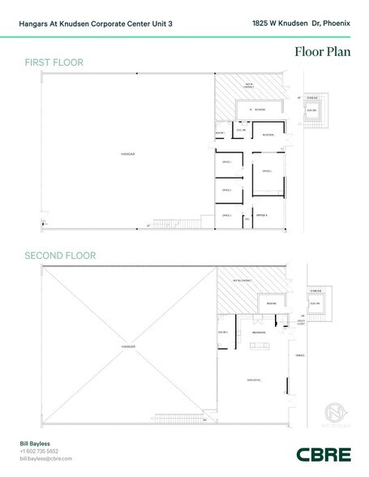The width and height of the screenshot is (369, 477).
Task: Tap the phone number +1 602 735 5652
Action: [x=39, y=451]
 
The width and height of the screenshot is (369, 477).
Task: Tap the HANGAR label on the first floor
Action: [x=126, y=152]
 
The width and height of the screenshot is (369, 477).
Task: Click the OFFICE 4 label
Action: [x=261, y=215]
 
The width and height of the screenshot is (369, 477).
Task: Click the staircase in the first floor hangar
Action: [x=185, y=223]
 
